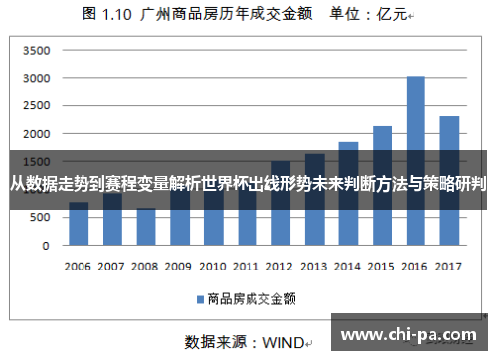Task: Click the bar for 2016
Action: [415, 159]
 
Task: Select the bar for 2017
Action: [449, 179]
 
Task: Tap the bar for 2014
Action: [348, 193]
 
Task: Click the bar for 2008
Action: [145, 227]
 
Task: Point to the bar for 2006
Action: [79, 224]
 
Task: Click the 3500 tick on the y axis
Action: [36, 50]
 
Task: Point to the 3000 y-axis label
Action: [36, 78]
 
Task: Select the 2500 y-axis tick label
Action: [36, 105]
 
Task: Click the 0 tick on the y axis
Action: [46, 245]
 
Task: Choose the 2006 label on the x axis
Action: [79, 267]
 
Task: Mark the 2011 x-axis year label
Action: [247, 267]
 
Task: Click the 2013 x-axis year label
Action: [314, 267]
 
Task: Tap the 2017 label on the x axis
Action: [449, 267]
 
